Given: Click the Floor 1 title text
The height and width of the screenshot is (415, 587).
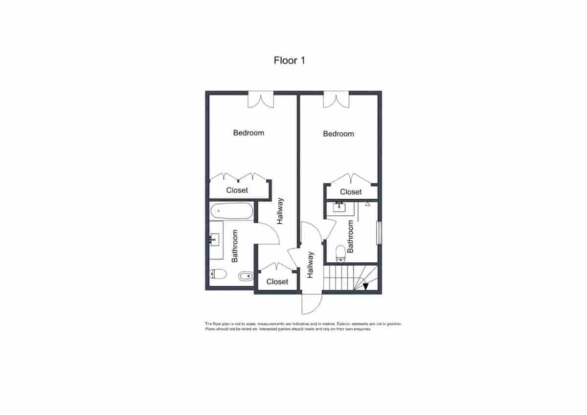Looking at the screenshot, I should [x=289, y=61].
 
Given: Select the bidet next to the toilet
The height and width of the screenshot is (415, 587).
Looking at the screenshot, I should [x=246, y=277].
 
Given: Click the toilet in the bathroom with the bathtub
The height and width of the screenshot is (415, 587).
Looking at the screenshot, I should [x=217, y=274].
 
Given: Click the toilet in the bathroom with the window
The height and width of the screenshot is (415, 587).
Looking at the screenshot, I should [x=340, y=253].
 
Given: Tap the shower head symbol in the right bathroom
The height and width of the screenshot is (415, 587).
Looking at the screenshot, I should [x=367, y=204].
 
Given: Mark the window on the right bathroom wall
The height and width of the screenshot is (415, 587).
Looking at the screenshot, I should [x=378, y=233].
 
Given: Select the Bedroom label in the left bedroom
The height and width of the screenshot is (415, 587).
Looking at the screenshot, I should [x=248, y=133].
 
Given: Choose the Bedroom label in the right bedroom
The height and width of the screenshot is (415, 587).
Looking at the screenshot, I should [x=339, y=134].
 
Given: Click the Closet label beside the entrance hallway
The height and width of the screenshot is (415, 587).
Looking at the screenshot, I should [x=277, y=282].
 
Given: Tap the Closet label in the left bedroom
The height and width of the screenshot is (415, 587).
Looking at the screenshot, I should [x=237, y=190].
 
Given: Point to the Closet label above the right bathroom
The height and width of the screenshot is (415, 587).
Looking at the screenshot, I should [x=351, y=192].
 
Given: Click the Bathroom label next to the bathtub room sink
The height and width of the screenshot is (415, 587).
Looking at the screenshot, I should [x=235, y=246].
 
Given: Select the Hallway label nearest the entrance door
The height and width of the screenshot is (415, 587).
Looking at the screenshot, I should [x=310, y=265].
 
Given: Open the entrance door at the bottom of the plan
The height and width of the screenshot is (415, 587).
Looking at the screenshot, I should [x=311, y=303].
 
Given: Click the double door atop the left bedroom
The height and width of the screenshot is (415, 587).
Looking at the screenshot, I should [x=260, y=100].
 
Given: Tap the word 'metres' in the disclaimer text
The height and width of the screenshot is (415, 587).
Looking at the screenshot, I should [x=302, y=324].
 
